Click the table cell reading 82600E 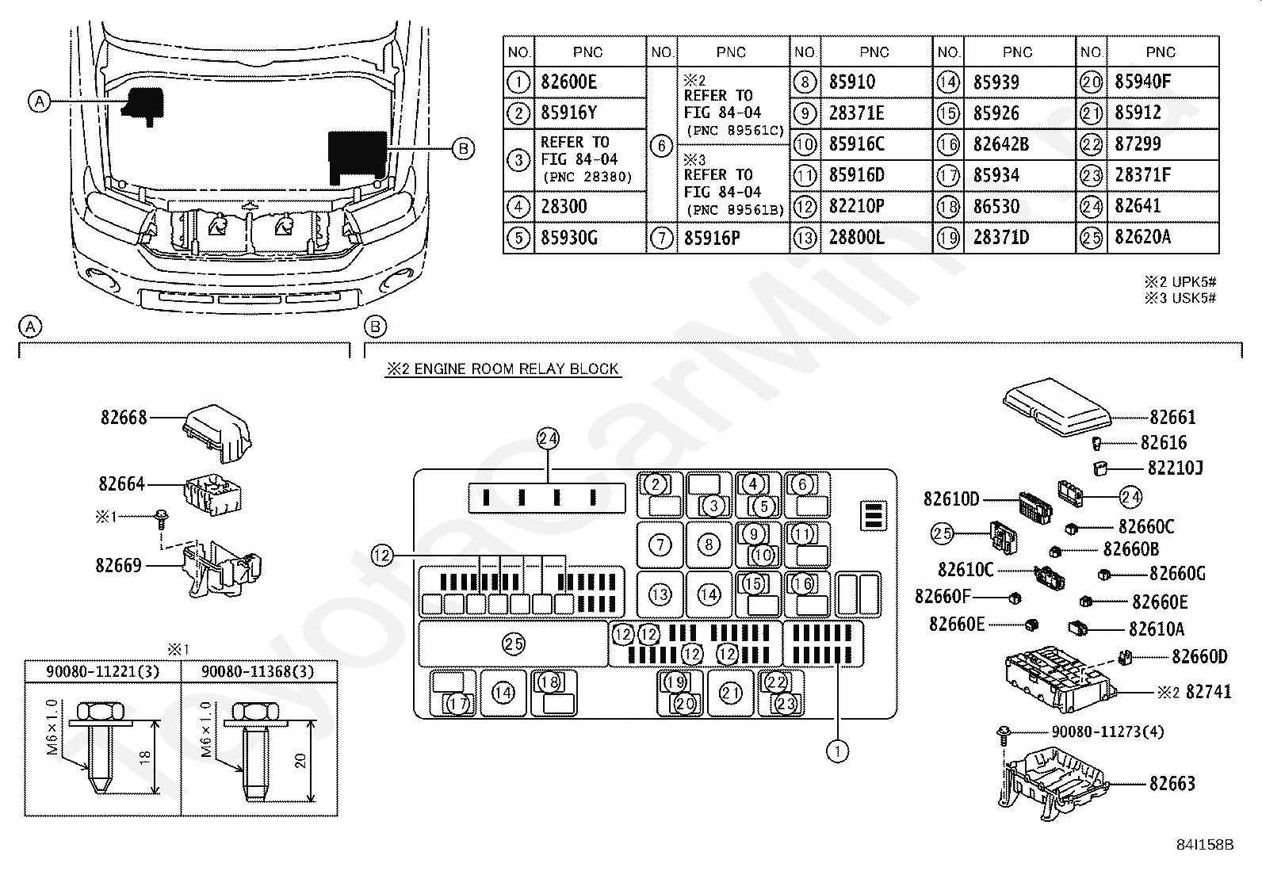568,82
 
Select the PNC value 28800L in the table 856,237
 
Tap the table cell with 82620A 1142,237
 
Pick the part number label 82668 124,418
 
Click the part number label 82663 1172,784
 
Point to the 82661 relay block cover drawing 1057,407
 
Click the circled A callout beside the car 40,102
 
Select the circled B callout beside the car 463,149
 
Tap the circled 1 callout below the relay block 837,751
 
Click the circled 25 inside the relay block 513,644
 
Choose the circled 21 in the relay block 731,693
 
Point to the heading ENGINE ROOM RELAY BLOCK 516,369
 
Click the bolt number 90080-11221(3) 102,671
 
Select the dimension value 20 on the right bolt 300,761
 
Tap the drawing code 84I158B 1205,845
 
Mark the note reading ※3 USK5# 1180,297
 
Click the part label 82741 1208,692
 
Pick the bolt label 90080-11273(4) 1107,732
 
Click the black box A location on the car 143,105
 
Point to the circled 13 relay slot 660,594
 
